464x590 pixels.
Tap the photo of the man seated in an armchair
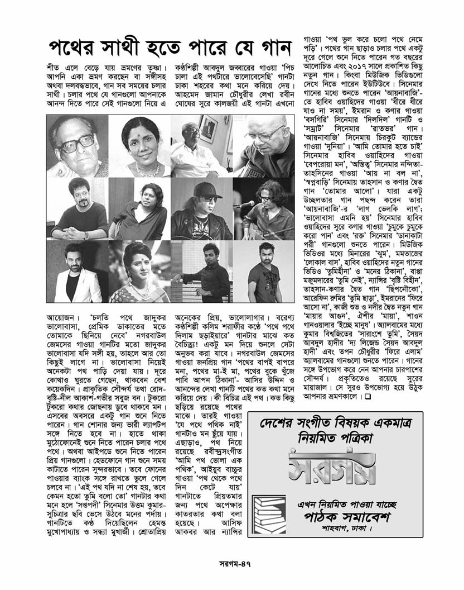(201, 146)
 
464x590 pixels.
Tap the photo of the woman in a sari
(139, 270)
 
